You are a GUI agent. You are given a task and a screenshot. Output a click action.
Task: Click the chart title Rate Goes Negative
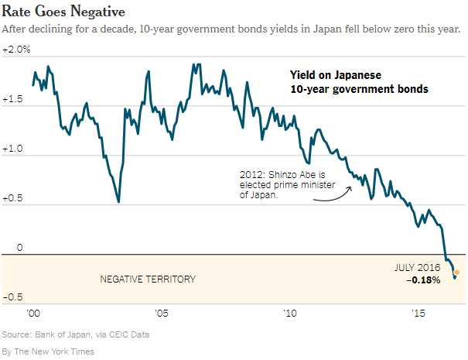pos(60,11)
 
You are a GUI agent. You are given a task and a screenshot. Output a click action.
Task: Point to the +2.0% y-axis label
pos(16,50)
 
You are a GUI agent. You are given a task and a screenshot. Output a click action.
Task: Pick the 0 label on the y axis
pos(21,248)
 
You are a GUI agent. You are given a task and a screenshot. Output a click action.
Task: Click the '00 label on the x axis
pos(32,316)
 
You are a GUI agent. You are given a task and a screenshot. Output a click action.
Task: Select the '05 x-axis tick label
pos(161,316)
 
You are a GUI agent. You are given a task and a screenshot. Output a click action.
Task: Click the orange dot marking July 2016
pos(456,273)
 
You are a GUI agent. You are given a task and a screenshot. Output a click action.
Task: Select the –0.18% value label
pos(423,279)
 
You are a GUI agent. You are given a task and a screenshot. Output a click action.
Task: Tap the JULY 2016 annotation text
pos(418,267)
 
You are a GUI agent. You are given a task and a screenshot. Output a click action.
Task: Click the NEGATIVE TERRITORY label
pos(148,279)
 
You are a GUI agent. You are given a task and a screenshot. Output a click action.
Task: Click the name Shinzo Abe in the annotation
pos(293,176)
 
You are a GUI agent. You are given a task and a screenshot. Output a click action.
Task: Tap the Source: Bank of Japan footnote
pos(75,334)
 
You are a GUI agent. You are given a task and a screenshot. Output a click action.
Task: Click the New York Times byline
pos(48,351)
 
